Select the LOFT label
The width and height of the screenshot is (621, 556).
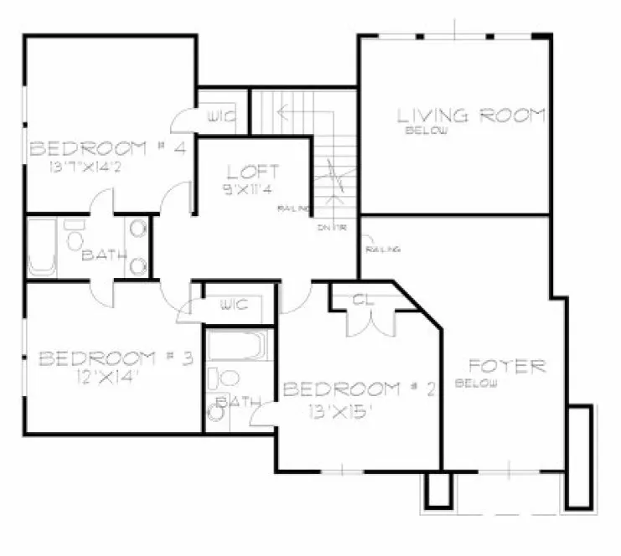[x=252, y=172]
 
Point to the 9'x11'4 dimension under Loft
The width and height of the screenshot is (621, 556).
[x=252, y=189]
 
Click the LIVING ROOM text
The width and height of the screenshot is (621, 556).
[x=471, y=116]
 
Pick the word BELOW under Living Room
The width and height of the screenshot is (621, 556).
[x=426, y=131]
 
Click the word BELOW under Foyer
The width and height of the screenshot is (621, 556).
[x=476, y=384]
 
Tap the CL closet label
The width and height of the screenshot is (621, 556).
[x=362, y=300]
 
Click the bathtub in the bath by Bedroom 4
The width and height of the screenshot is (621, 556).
[x=42, y=248]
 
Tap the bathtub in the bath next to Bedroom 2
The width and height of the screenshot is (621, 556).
[x=237, y=345]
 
